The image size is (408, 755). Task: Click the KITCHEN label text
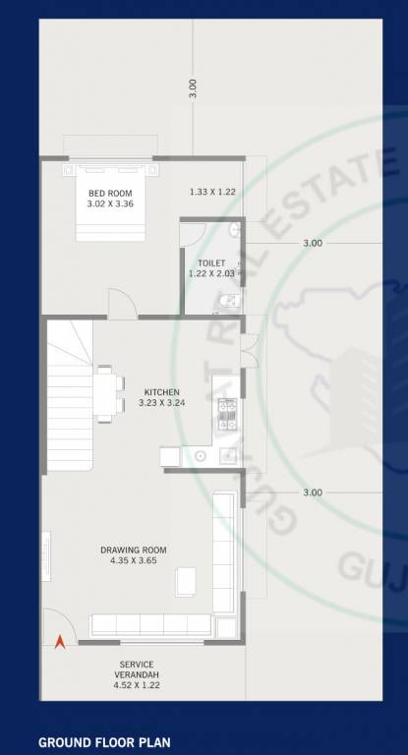click(161, 391)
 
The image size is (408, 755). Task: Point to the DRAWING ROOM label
click(134, 550)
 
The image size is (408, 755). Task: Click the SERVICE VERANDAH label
click(136, 665)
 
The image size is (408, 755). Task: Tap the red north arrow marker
click(59, 641)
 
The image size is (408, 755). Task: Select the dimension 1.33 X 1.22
click(211, 192)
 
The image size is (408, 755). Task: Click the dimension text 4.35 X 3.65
click(135, 560)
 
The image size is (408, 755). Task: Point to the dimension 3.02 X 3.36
click(111, 203)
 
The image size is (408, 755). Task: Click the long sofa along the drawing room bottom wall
click(150, 625)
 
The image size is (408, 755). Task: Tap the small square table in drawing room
click(186, 582)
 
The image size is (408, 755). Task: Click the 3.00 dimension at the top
click(194, 87)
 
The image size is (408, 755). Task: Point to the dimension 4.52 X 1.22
click(136, 675)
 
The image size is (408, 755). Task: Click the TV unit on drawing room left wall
click(45, 561)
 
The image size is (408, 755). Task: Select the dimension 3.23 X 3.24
click(161, 402)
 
